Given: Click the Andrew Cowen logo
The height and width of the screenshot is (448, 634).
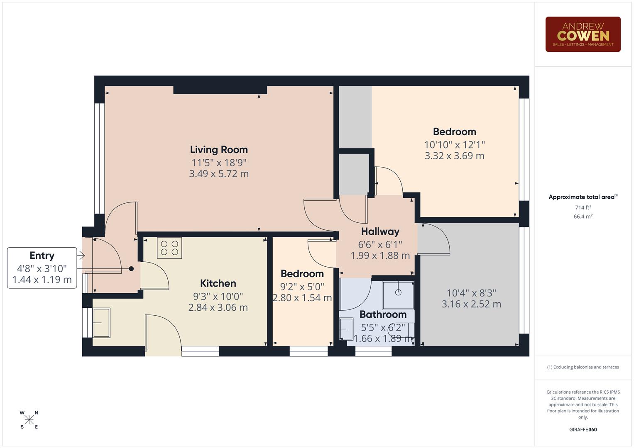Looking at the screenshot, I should [x=583, y=34].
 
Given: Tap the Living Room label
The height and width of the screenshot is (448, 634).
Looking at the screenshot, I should [x=219, y=150].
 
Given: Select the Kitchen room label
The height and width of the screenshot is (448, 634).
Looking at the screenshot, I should [x=218, y=283].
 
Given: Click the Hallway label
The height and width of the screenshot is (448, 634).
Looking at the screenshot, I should [x=380, y=231].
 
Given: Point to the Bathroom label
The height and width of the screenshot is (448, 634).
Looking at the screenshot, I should [x=383, y=314].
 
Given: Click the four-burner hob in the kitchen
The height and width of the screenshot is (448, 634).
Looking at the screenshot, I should [x=169, y=248].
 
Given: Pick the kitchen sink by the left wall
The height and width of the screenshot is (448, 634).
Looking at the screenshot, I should [x=101, y=322].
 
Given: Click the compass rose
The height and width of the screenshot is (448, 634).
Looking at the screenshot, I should [x=29, y=420].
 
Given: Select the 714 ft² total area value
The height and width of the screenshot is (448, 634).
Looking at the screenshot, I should [x=583, y=207].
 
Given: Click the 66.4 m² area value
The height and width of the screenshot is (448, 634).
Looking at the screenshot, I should [x=583, y=217].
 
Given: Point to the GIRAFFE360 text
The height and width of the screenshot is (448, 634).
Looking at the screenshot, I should [x=583, y=430].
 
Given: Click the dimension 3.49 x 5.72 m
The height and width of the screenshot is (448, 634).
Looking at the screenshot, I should [x=219, y=174].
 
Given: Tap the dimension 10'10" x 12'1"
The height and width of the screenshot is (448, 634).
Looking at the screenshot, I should [x=454, y=145].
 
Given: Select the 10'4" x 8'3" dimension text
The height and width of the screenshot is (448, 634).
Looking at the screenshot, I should [x=471, y=293].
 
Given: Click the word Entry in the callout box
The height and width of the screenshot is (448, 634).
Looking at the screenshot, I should [x=42, y=256].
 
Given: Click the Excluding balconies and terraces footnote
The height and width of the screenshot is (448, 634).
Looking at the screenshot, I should [x=583, y=367].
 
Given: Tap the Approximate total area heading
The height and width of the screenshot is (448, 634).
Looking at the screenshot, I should [x=581, y=197].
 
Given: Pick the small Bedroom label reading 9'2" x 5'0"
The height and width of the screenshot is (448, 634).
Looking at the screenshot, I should [x=302, y=274].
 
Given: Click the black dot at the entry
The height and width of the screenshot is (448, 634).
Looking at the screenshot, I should [x=131, y=269].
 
